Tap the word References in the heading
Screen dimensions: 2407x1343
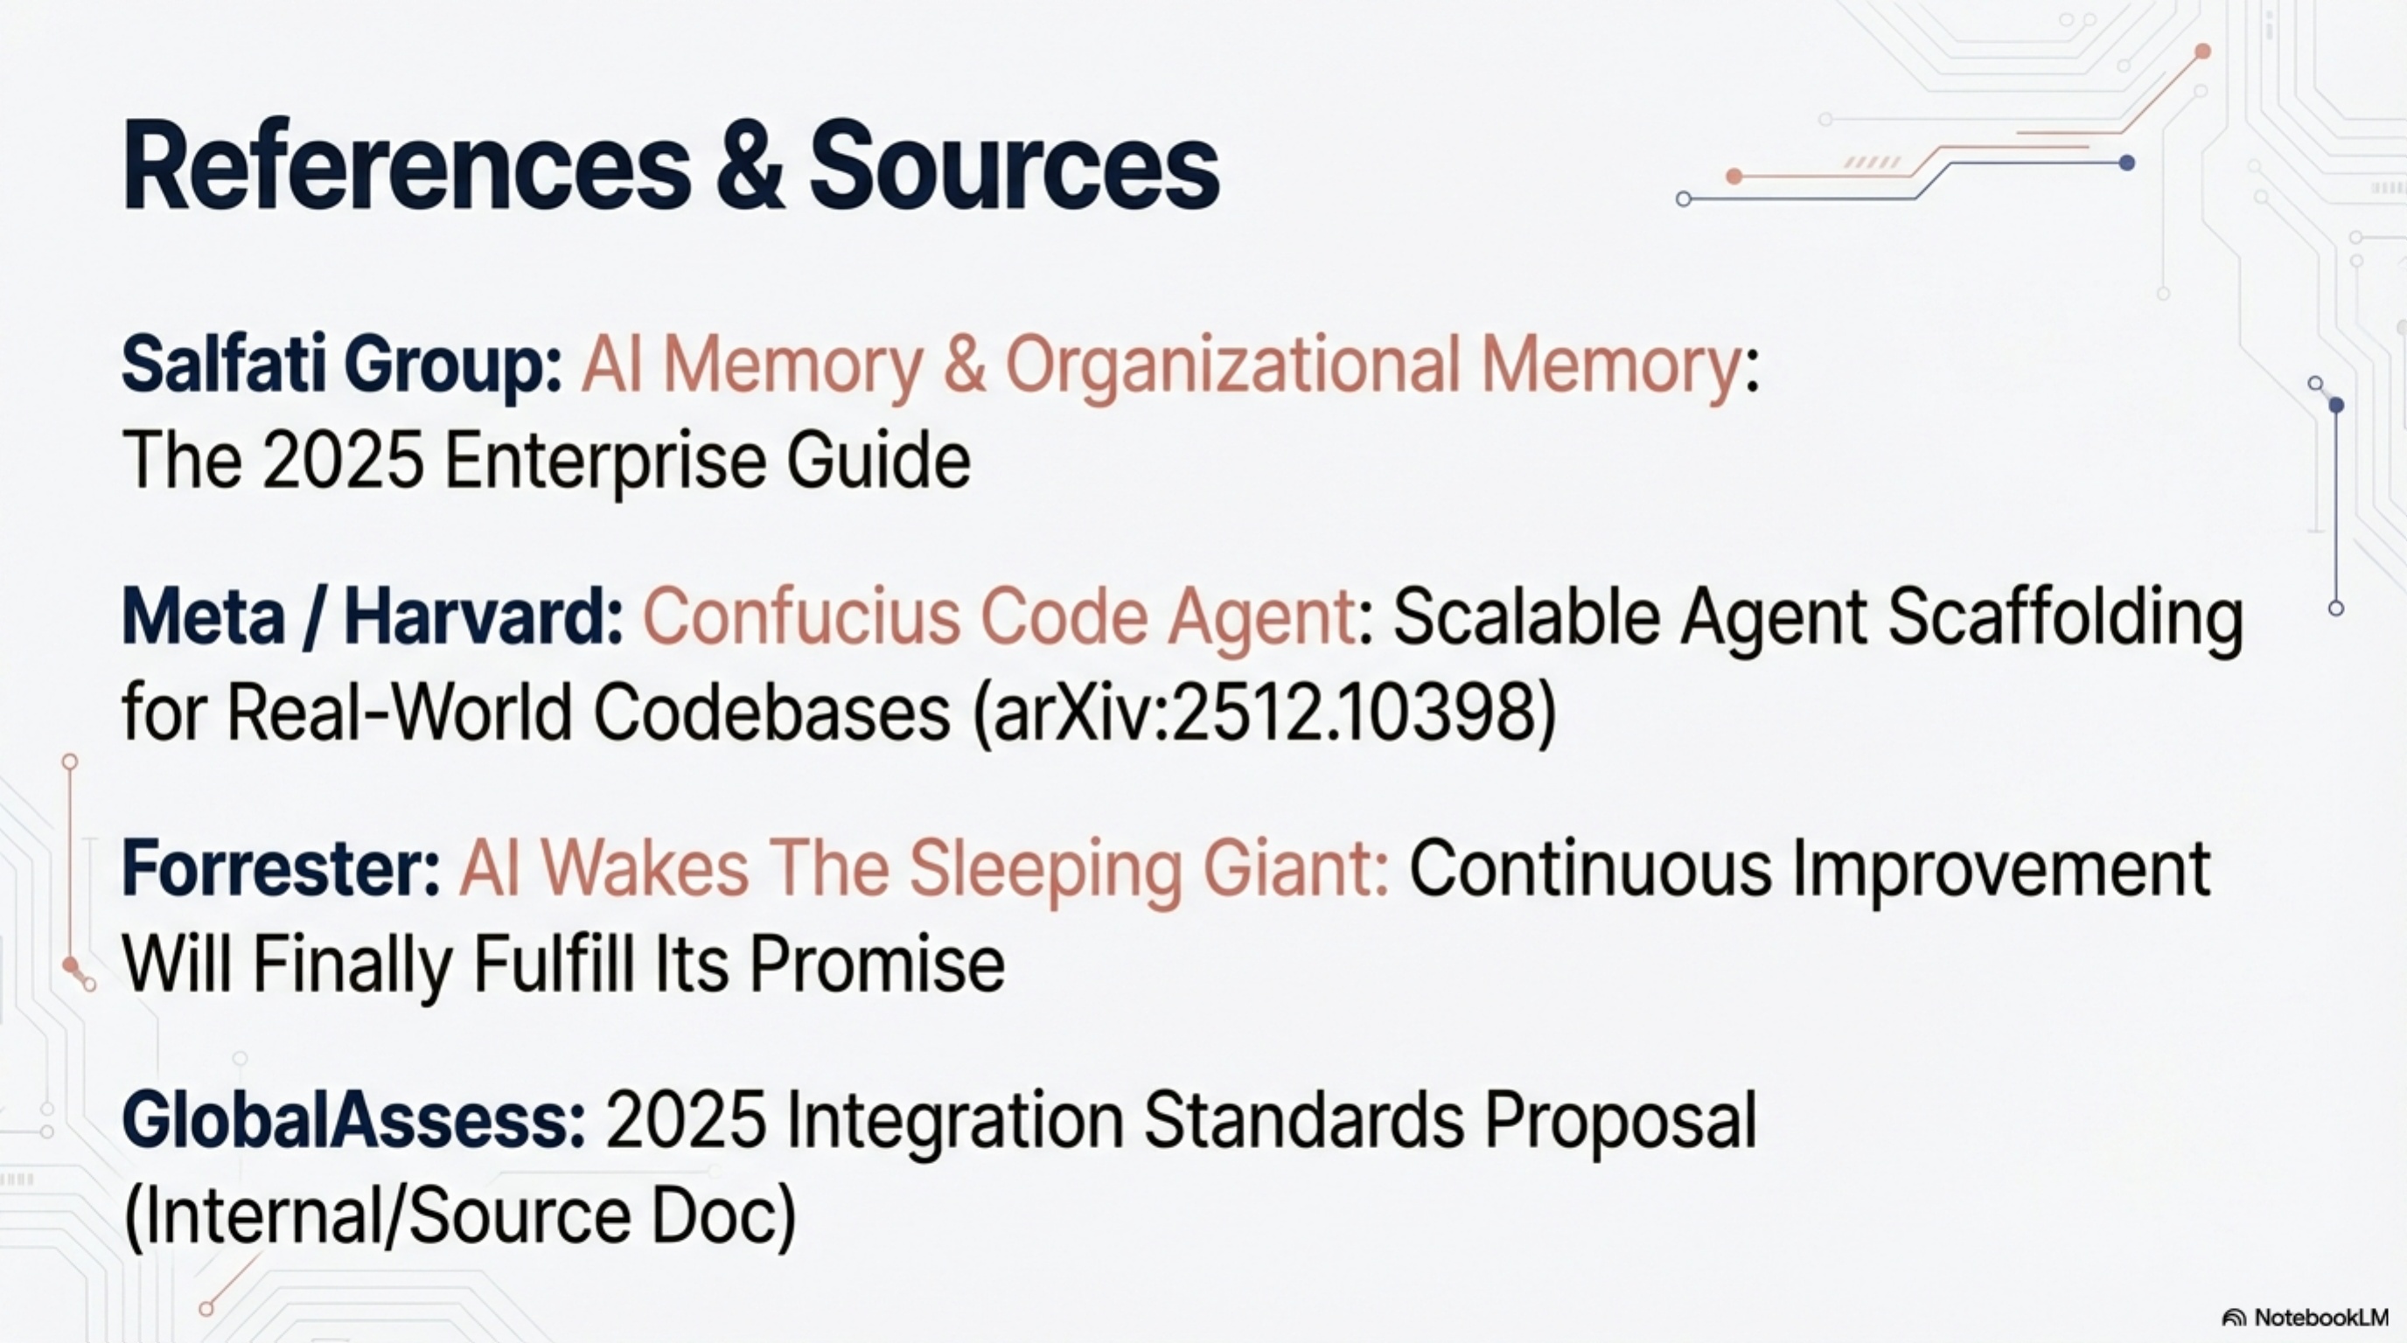click(407, 167)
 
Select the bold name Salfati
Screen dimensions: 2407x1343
click(224, 364)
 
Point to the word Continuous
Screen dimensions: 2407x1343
click(1589, 867)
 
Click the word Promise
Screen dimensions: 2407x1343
click(877, 965)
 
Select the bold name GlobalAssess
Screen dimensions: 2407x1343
click(354, 1120)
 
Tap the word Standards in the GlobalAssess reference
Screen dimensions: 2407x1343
click(1304, 1120)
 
